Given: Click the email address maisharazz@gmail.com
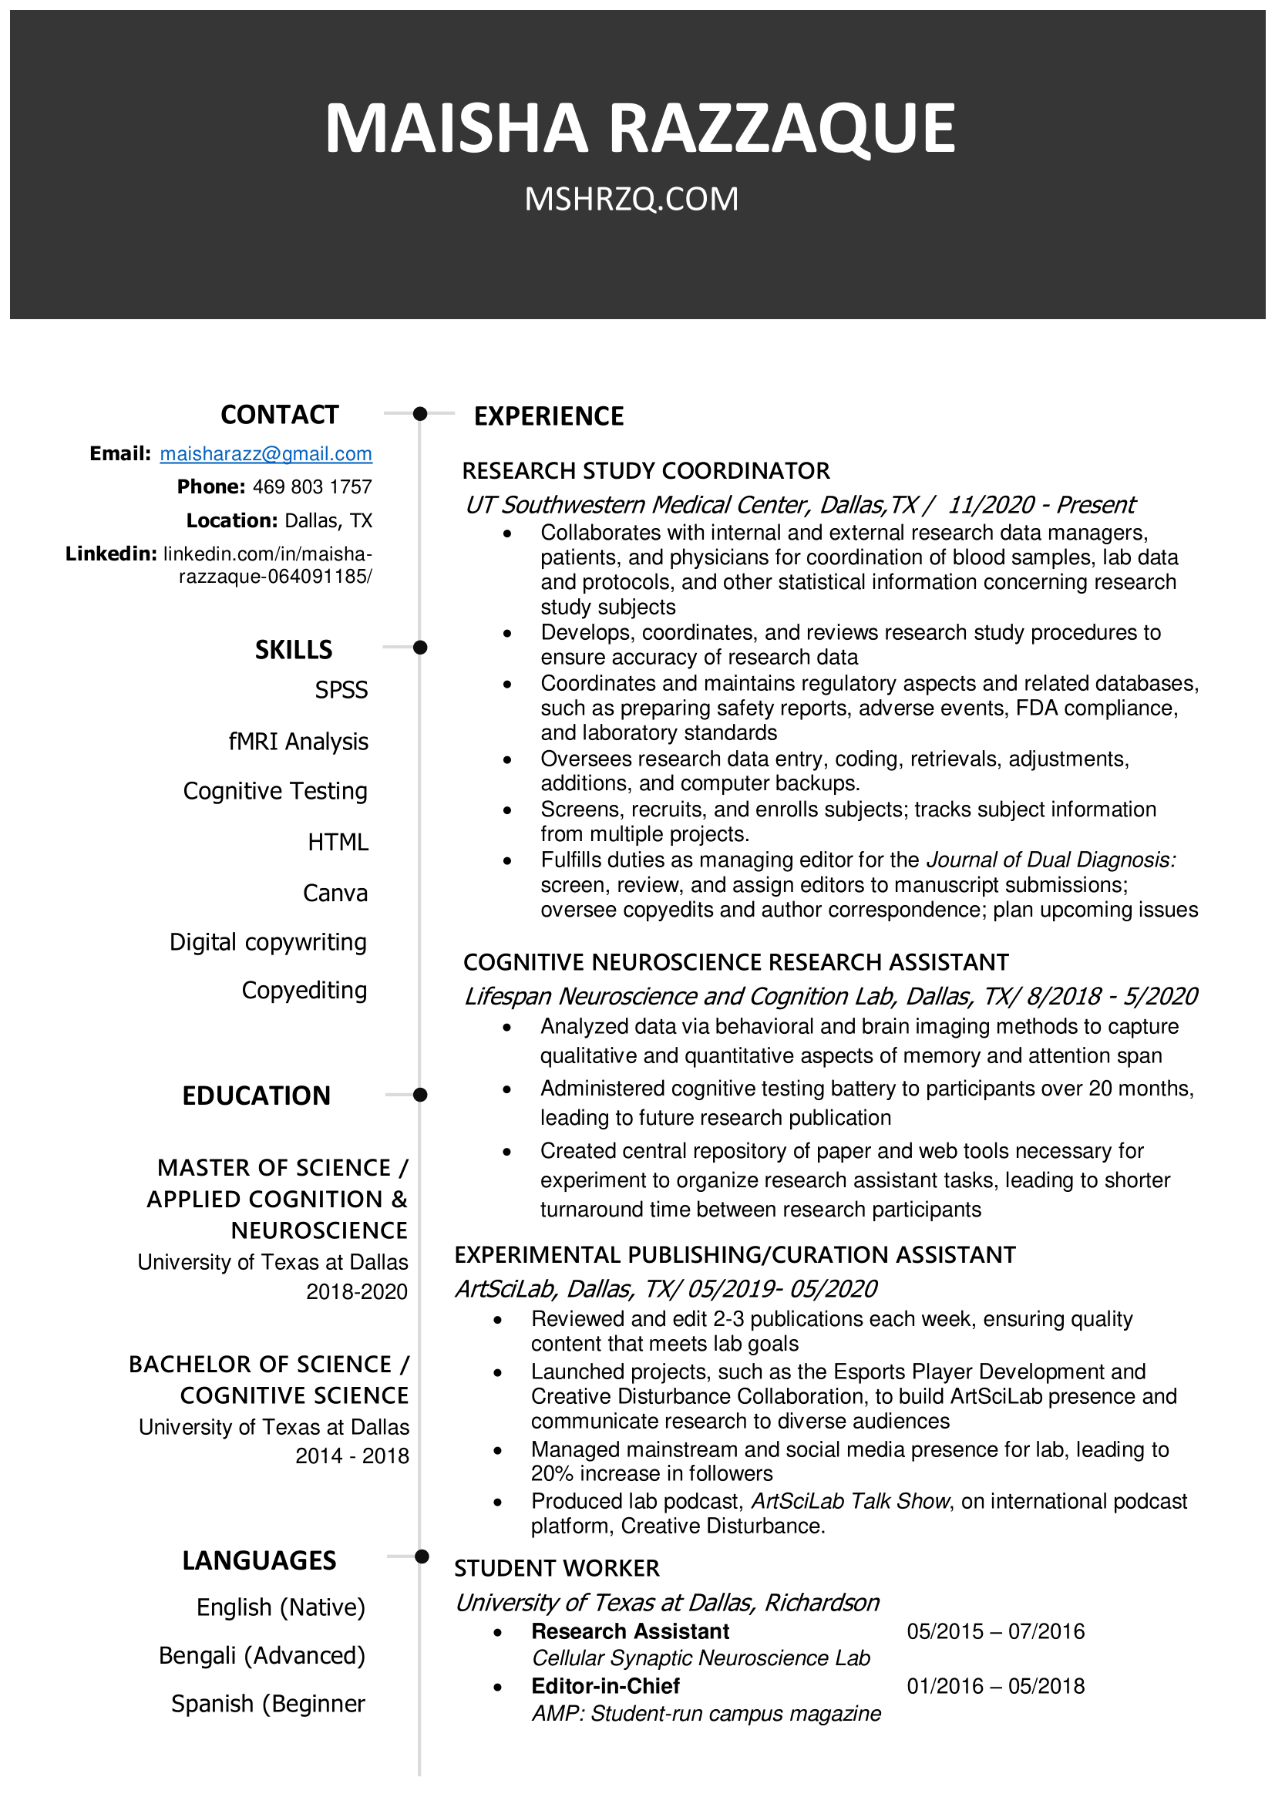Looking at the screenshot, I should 265,453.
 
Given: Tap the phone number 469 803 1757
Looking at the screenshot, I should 312,487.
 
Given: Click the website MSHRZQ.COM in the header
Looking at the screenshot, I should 631,200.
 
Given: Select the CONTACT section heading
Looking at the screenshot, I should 280,415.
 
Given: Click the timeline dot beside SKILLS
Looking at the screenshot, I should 420,648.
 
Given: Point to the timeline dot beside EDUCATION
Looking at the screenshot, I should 420,1095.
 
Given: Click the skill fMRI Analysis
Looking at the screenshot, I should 298,742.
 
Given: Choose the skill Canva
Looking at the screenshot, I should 335,894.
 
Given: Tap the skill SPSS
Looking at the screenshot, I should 341,690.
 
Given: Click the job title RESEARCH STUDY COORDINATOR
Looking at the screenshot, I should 646,470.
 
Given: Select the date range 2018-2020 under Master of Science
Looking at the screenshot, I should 357,1292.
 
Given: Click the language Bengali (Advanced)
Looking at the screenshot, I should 261,1655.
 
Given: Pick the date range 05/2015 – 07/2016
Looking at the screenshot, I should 995,1631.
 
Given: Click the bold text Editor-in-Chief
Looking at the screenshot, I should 605,1686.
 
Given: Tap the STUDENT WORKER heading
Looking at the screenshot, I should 557,1568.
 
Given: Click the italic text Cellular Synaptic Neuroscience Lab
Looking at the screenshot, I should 701,1658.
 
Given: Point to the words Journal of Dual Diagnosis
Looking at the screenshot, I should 1051,860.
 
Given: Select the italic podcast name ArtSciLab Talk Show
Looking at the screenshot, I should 851,1502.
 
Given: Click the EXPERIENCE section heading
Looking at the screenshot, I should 548,416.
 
